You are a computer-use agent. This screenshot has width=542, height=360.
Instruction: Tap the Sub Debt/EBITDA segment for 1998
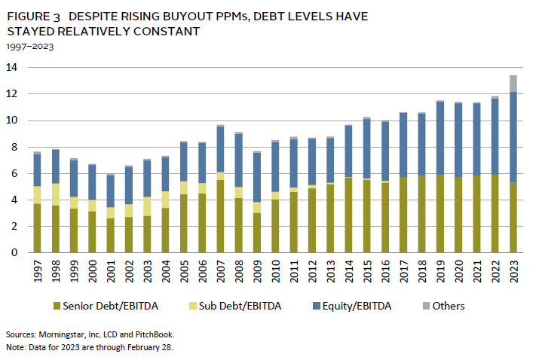pyautogui.click(x=55, y=194)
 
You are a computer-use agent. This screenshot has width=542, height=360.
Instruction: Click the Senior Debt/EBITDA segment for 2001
pyautogui.click(x=110, y=235)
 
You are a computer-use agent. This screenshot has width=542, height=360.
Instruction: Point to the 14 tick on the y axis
pyautogui.click(x=11, y=68)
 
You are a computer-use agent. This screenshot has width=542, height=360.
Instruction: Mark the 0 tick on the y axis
pyautogui.click(x=14, y=253)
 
